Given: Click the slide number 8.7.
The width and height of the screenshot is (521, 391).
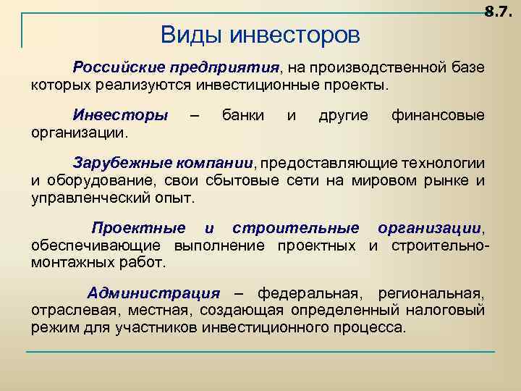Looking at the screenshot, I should tap(499, 12).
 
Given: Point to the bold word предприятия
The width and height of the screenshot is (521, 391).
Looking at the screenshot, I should tap(224, 68).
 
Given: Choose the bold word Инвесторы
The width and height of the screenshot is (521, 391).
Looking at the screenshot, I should tap(120, 115).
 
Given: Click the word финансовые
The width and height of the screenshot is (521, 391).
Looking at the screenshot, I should tap(438, 115).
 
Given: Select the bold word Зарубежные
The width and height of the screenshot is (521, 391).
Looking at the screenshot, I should tap(119, 163).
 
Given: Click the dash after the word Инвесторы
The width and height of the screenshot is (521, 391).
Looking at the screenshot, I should tap(194, 116).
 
